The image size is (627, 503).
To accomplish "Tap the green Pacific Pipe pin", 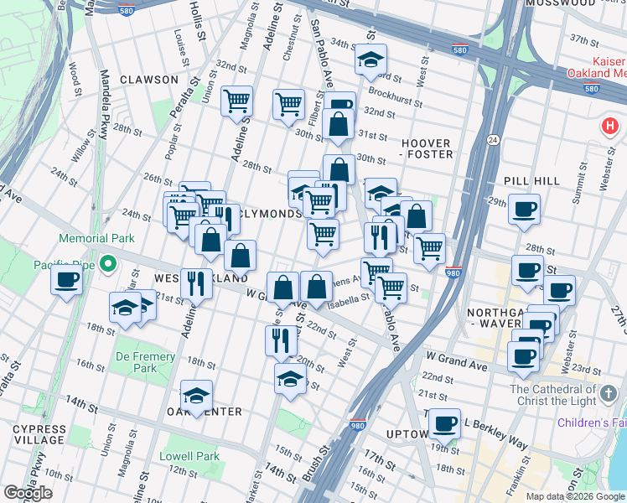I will pyautogui.click(x=106, y=266).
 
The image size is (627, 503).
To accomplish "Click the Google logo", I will pyautogui.click(x=28, y=493).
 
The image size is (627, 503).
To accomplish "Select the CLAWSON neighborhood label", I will pyautogui.click(x=149, y=80).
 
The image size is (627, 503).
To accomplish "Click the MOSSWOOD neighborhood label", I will pyautogui.click(x=560, y=3).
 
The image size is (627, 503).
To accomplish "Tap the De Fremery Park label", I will pyautogui.click(x=145, y=362).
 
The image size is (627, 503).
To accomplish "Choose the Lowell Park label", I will pyautogui.click(x=190, y=457).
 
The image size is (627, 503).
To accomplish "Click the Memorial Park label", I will pyautogui.click(x=97, y=239).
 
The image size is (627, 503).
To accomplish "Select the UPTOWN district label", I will pyautogui.click(x=407, y=433).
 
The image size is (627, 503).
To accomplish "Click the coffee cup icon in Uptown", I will pyautogui.click(x=446, y=423).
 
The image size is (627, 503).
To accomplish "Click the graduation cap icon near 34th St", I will pyautogui.click(x=370, y=60).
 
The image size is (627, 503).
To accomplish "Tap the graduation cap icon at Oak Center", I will pyautogui.click(x=196, y=396).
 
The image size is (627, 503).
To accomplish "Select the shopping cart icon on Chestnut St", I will pyautogui.click(x=288, y=104).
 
